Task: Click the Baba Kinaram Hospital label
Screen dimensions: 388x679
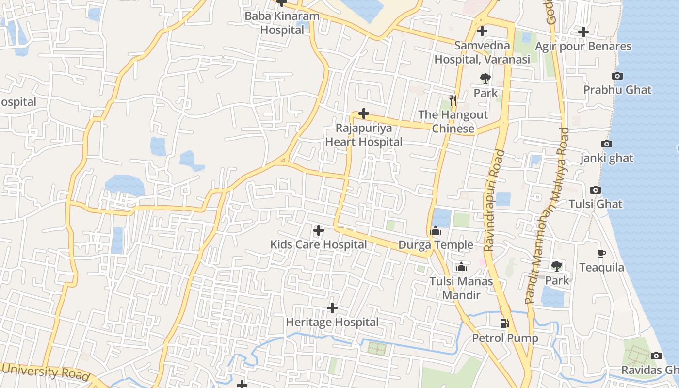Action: pos(282,23)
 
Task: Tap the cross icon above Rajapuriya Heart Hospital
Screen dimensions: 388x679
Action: pos(363,113)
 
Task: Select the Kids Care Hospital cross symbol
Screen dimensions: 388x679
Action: pos(319,230)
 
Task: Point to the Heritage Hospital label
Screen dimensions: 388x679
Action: pos(332,322)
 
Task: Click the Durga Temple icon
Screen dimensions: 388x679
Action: pos(436,230)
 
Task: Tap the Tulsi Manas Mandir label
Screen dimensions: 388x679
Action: pos(461,288)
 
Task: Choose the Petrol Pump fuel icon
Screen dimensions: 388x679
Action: pos(505,323)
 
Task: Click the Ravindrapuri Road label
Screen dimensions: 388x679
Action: pos(495,201)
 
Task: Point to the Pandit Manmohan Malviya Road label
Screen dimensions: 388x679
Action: pos(548,216)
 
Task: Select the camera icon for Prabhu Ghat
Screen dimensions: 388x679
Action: pos(617,76)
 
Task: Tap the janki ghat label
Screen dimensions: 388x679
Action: pos(607,158)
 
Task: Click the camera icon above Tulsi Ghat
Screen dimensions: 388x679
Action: pos(596,190)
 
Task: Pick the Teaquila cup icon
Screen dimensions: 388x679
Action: pos(601,253)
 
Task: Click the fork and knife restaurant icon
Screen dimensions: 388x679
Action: pos(453,100)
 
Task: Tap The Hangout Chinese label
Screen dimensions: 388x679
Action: pos(453,122)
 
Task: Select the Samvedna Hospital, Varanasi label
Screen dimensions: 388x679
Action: pos(482,53)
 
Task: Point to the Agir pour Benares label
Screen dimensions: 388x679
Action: pos(583,47)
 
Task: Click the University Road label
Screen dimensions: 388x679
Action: pos(46,372)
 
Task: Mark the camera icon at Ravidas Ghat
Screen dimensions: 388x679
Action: pos(656,356)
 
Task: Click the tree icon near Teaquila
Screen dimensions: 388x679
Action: pos(556,266)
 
